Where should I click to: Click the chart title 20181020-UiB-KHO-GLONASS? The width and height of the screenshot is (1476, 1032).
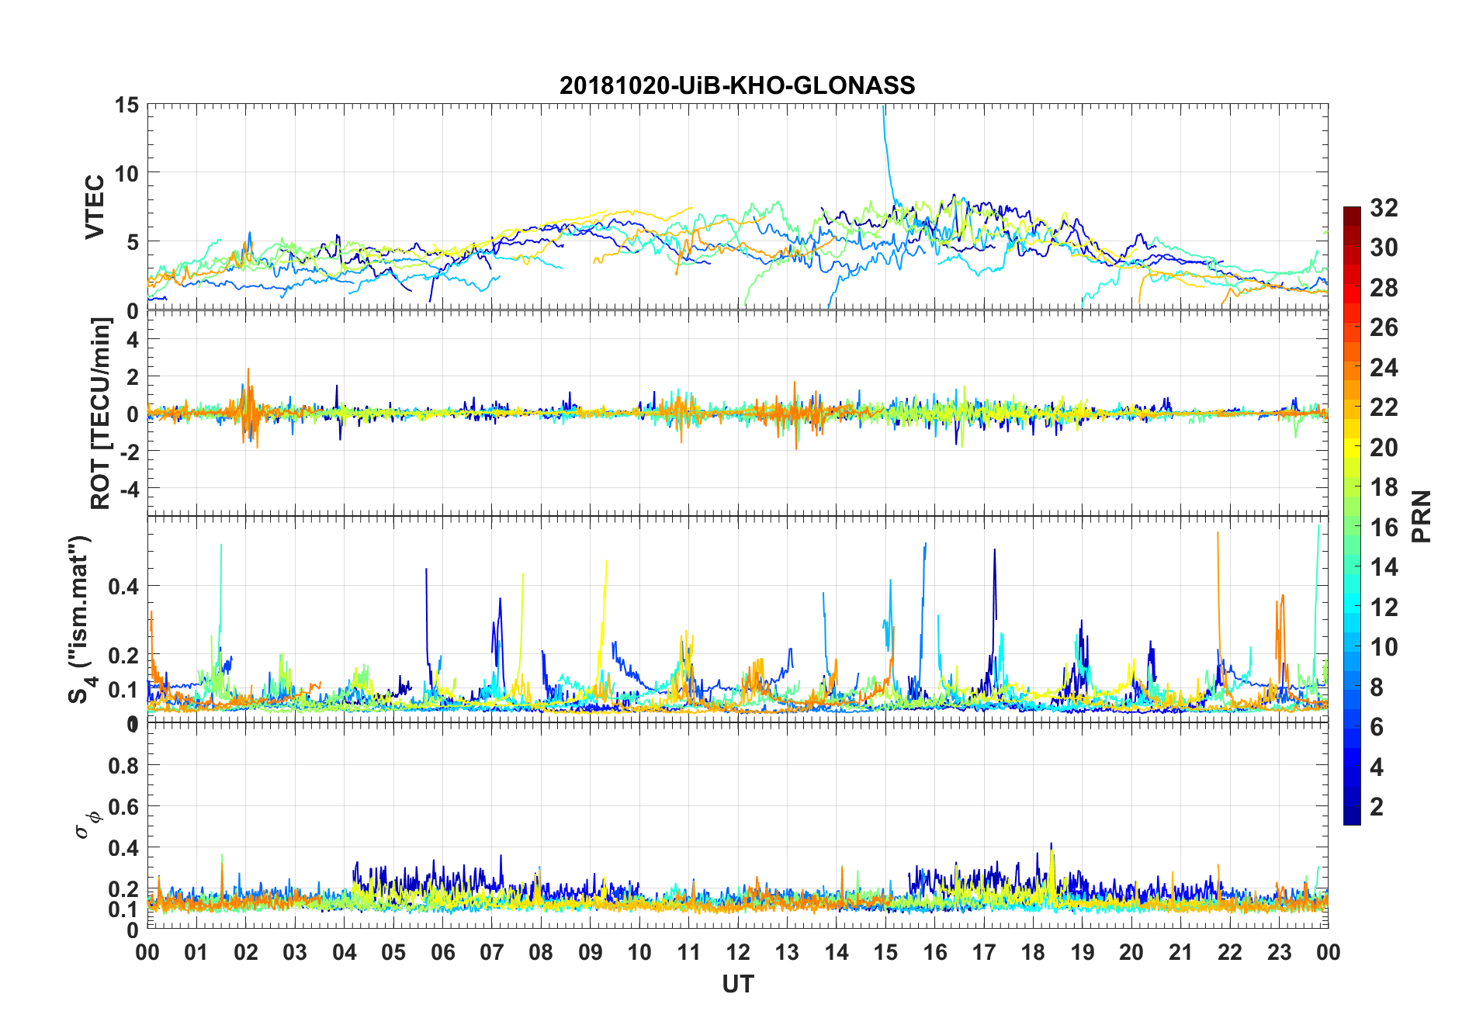(x=737, y=85)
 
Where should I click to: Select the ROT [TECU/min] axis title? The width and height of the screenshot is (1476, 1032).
(x=101, y=413)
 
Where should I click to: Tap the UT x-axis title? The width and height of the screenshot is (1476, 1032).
(x=737, y=985)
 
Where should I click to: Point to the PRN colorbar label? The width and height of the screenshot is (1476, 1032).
(x=1422, y=517)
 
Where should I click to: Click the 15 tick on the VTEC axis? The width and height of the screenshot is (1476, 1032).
(x=126, y=105)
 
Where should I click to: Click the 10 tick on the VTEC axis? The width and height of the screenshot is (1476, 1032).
(x=126, y=173)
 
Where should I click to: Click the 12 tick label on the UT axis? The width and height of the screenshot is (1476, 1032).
(x=738, y=953)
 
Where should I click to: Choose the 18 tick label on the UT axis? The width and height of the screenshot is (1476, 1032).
(x=1033, y=953)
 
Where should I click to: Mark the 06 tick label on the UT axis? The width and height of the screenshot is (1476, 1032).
(x=442, y=953)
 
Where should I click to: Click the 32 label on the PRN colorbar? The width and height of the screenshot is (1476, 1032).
(x=1384, y=208)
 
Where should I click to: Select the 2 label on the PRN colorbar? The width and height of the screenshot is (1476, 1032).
(x=1377, y=807)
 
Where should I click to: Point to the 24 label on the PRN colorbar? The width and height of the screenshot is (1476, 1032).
(x=1384, y=368)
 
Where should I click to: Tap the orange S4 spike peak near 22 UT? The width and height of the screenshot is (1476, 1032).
(x=1218, y=533)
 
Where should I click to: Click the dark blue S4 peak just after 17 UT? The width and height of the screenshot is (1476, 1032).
(x=994, y=550)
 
